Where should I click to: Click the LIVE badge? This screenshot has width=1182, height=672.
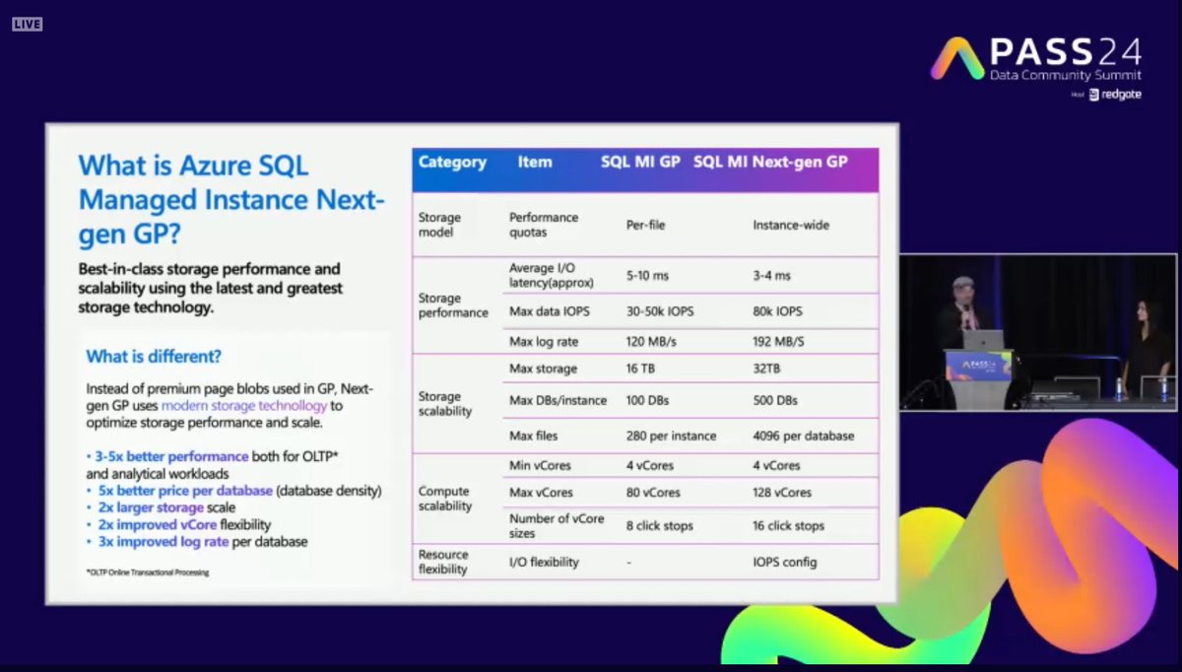(x=27, y=24)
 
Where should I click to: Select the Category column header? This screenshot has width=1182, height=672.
(x=452, y=162)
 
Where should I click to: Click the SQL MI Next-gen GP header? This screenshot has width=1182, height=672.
(x=770, y=162)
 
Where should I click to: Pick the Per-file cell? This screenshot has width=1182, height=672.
(x=645, y=225)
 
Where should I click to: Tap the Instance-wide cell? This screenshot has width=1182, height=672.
(x=791, y=225)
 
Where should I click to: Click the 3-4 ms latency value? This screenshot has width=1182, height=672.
(x=771, y=277)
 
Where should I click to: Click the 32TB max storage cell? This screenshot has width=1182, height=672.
(x=767, y=369)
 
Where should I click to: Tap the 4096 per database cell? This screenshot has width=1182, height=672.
(x=803, y=436)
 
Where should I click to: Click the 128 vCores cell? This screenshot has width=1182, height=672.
(x=782, y=492)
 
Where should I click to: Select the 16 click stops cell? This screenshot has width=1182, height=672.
(x=788, y=526)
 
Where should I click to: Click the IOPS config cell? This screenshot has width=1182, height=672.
(x=785, y=563)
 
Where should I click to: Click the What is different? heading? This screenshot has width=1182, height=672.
(x=153, y=357)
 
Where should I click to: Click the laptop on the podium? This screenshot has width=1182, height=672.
(x=984, y=340)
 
